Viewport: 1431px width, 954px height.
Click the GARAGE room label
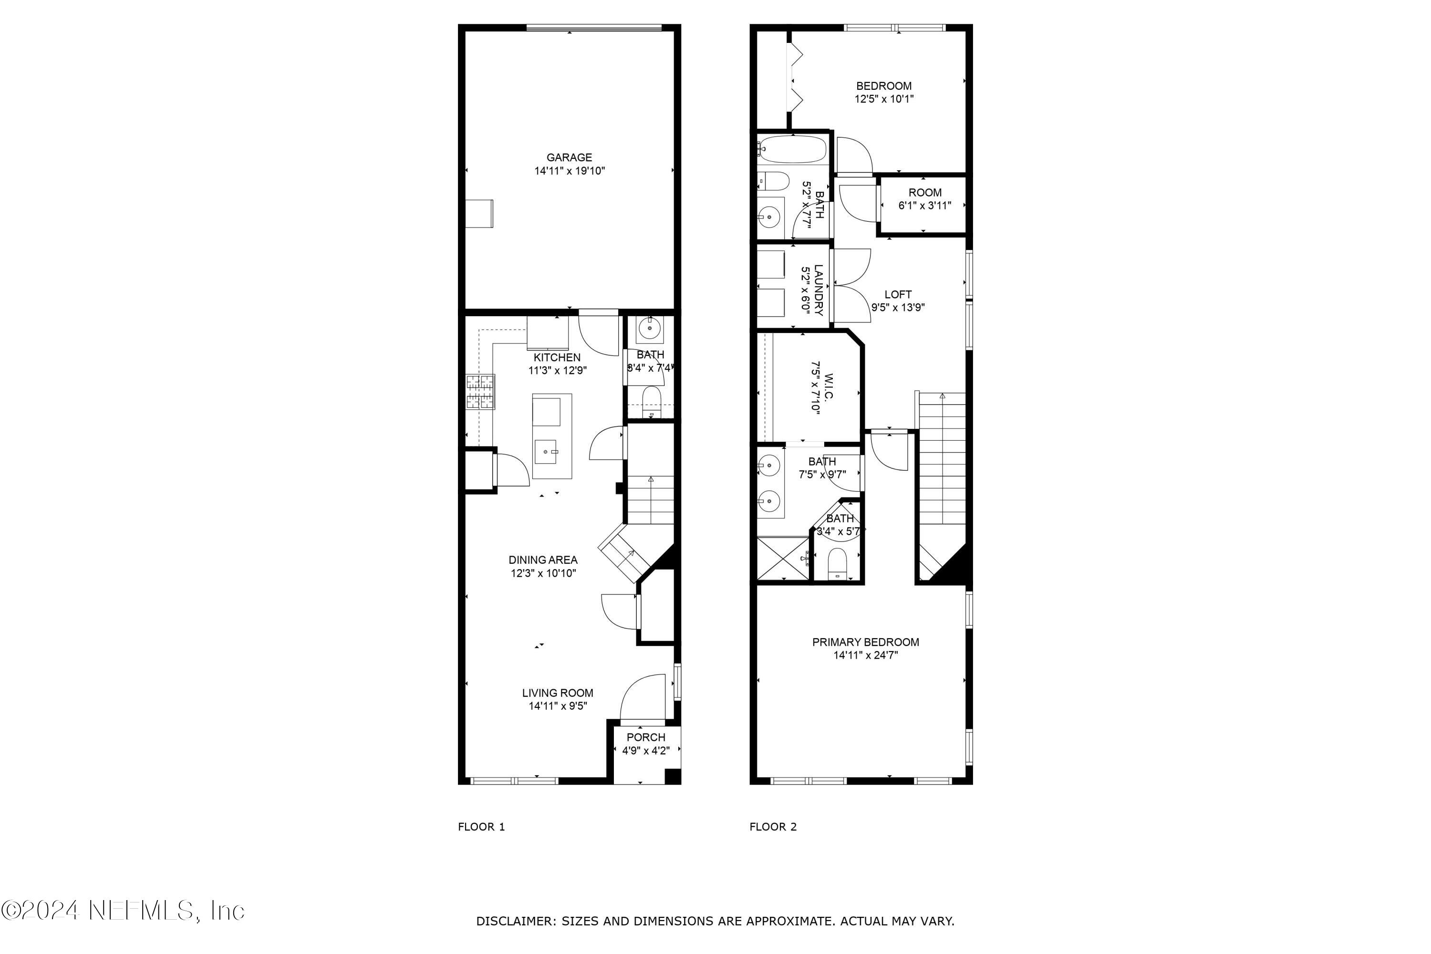click(x=569, y=157)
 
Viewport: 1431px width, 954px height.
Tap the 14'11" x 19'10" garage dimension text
click(x=570, y=171)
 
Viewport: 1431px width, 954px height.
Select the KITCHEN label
click(x=557, y=357)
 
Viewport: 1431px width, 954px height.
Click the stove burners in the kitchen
click(x=480, y=392)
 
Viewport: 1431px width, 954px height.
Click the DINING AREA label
click(x=543, y=560)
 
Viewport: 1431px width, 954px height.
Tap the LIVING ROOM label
click(x=557, y=693)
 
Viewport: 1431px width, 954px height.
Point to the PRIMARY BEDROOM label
click(x=865, y=642)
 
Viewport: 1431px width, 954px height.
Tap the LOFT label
click(x=898, y=294)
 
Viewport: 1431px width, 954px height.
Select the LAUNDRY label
click(x=819, y=290)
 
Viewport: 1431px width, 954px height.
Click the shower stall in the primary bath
click(x=784, y=559)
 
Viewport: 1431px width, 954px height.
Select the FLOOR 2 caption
click(x=773, y=826)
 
